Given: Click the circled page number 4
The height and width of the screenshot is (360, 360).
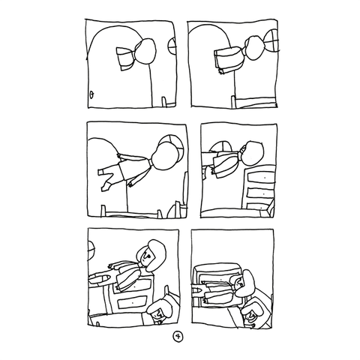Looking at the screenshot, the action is [178, 336].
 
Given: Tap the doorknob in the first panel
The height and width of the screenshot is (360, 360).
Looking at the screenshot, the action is [91, 94].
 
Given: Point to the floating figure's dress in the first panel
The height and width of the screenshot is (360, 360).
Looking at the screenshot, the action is [126, 58].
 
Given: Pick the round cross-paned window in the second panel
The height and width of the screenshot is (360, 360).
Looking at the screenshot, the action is [271, 40].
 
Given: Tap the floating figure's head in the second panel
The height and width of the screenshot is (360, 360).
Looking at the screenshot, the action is [253, 48].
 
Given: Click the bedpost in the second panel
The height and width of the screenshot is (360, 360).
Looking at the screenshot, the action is [233, 101].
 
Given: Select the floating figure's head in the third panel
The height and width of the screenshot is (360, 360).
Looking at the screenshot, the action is [165, 157].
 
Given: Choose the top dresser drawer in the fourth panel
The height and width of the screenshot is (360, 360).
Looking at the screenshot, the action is [261, 177].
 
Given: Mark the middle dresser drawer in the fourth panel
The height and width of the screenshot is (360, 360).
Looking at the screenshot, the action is [260, 193].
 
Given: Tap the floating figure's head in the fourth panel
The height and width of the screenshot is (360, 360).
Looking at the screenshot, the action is [252, 153].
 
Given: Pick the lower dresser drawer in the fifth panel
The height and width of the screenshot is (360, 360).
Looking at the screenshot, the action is [133, 302].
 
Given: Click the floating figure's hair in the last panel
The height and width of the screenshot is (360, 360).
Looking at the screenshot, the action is [246, 283].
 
